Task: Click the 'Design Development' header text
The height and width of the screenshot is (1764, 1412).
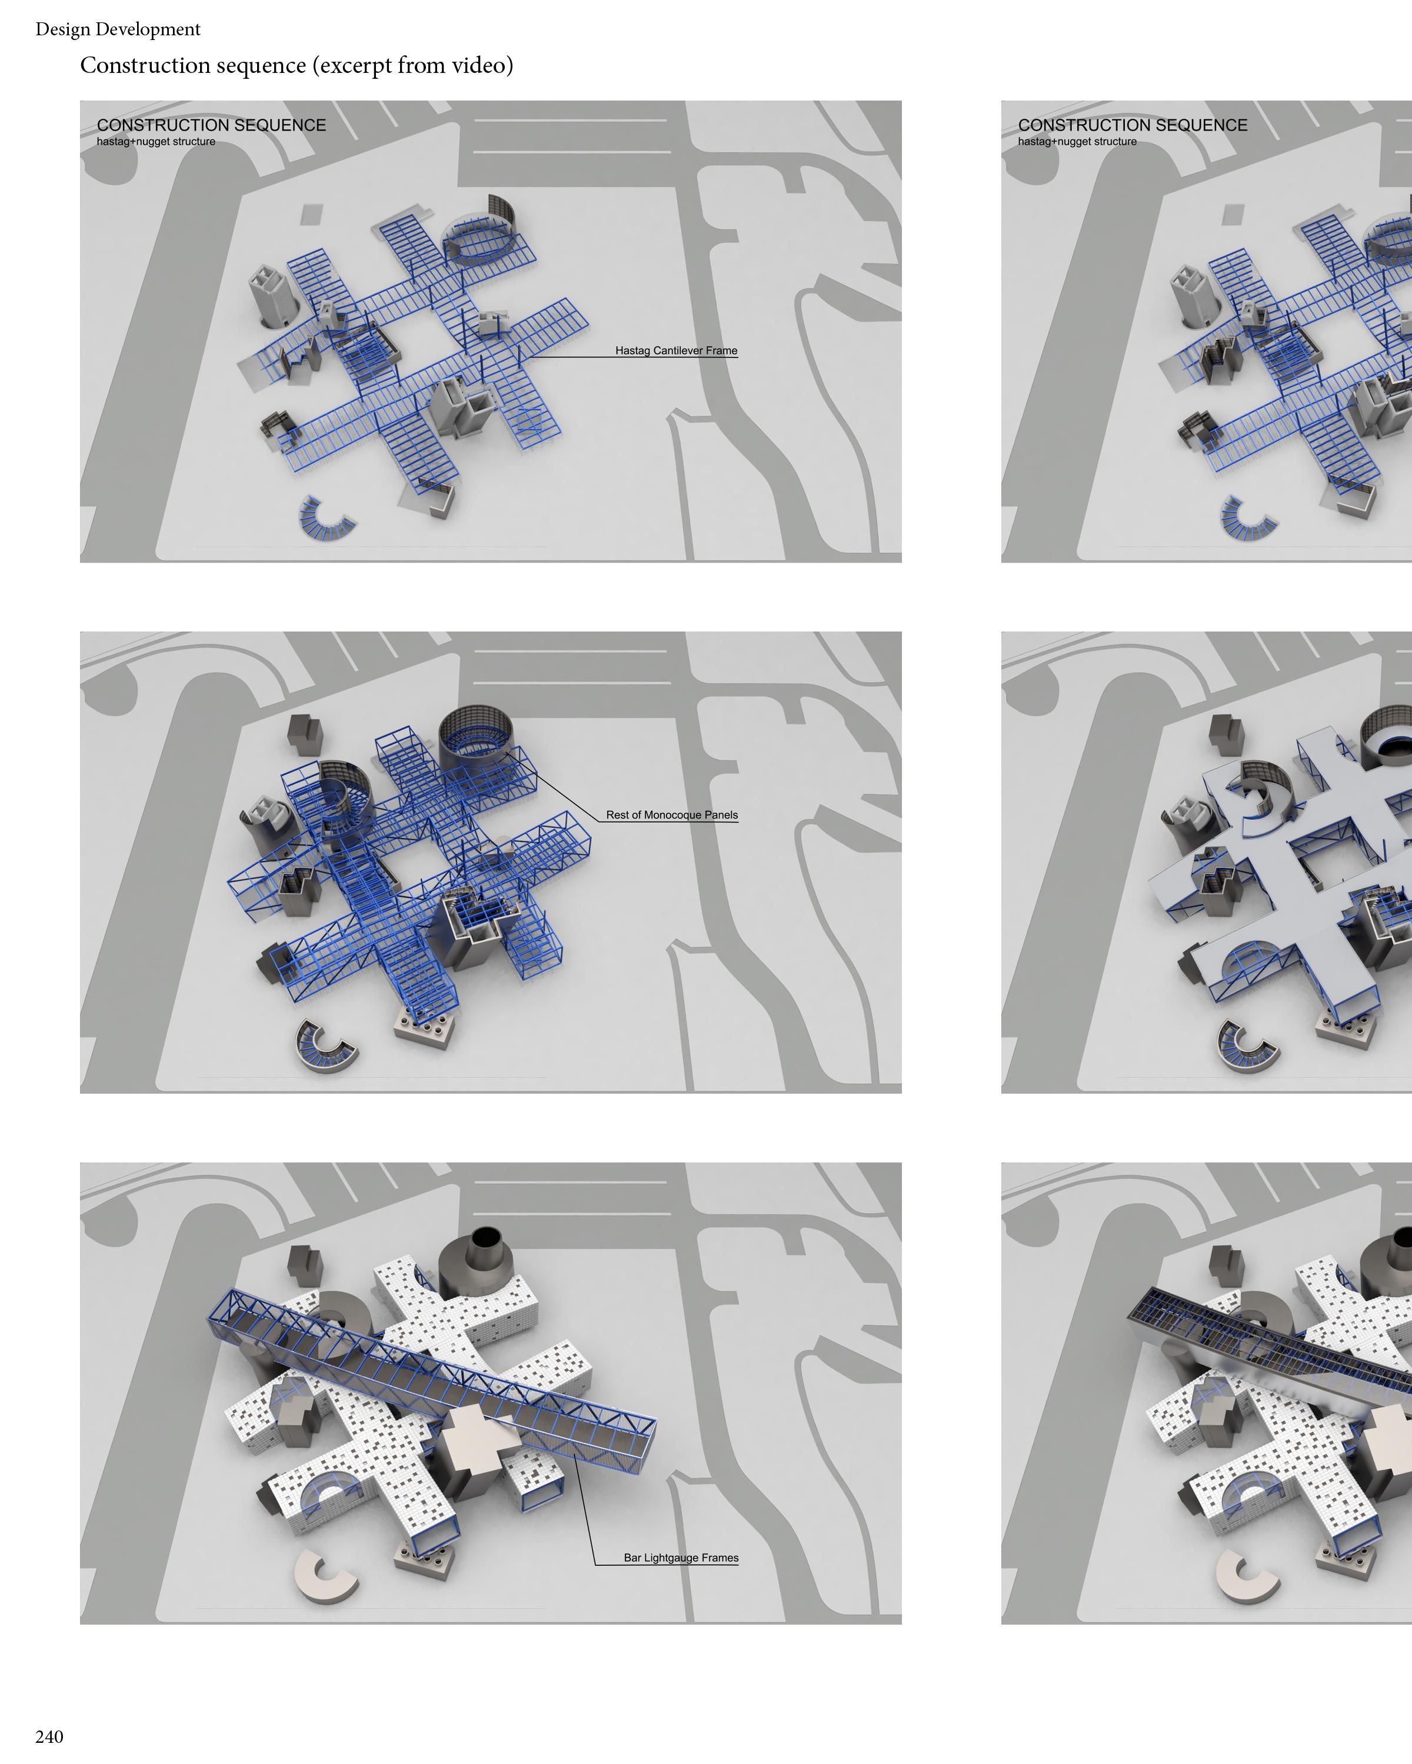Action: click(118, 29)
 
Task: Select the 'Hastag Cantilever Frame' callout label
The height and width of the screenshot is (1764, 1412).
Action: click(676, 351)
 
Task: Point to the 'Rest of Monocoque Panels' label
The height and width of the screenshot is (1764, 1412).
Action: click(672, 815)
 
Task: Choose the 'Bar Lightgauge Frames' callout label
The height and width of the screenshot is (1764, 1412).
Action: click(681, 1558)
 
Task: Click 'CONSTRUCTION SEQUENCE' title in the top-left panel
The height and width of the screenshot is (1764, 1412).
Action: click(211, 125)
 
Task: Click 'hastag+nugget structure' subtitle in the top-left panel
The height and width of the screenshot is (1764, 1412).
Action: click(155, 142)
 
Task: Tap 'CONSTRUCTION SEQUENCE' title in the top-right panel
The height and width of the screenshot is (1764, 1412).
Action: click(1133, 125)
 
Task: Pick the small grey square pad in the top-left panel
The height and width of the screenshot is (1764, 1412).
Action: click(312, 215)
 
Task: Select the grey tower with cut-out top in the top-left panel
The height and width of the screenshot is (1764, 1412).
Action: click(274, 295)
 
